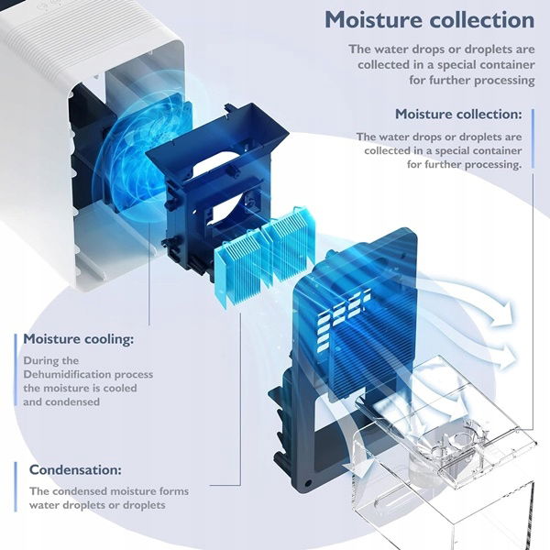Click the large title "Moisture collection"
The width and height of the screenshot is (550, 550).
pos(429,19)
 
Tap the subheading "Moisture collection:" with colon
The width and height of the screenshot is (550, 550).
pos(458,114)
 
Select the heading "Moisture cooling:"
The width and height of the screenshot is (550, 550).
pos(78,339)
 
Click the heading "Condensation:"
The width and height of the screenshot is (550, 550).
pos(75,469)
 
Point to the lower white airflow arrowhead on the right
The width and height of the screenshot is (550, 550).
pos(507,357)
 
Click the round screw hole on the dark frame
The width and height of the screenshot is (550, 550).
pos(308,484)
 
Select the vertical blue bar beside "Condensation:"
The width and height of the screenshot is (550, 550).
pos(16,487)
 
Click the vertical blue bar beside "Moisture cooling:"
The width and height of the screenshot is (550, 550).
pos(16,369)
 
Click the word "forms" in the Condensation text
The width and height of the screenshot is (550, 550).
pos(174,491)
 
